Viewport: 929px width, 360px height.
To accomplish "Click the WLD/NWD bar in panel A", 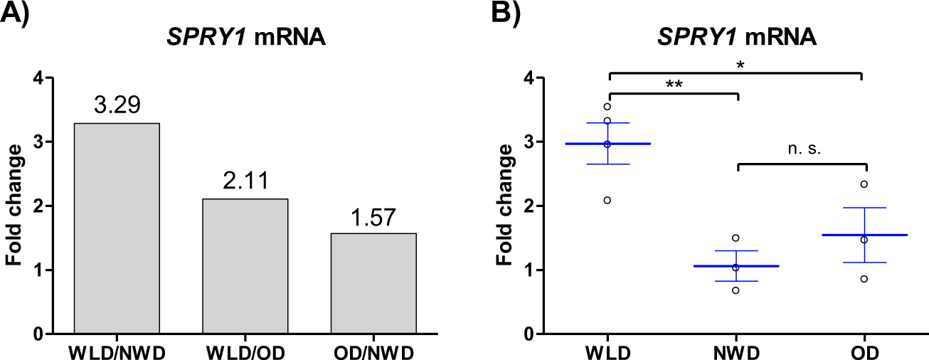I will [x=117, y=228].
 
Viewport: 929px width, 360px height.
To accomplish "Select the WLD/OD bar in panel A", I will [x=245, y=266].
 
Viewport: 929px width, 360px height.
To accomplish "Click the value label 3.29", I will [x=117, y=107].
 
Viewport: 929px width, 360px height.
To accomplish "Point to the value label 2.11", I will [x=245, y=182].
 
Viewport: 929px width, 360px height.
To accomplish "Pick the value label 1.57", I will [x=373, y=217].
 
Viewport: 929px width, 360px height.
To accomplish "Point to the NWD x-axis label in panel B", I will [x=736, y=353].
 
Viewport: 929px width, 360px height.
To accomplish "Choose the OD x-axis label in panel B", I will [x=864, y=353].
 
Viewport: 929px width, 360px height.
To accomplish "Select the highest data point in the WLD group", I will [x=607, y=107].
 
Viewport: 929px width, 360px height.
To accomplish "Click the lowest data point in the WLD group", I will [x=607, y=200].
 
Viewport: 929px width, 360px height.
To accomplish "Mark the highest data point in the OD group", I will [x=864, y=184].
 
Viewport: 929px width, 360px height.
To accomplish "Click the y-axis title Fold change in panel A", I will [x=14, y=206].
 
